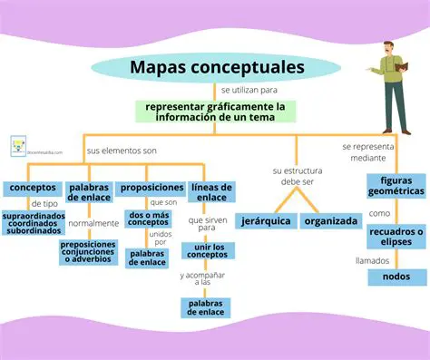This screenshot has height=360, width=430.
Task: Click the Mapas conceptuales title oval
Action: [217, 68]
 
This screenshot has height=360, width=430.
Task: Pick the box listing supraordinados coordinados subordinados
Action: [33, 223]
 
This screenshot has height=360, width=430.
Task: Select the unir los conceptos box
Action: [213, 251]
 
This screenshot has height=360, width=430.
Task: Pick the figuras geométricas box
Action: [396, 186]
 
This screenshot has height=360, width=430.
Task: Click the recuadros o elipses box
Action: [396, 237]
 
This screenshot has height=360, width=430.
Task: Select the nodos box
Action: [396, 277]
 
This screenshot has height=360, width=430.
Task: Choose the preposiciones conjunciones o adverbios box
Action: [88, 252]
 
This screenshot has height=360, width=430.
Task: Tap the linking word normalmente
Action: [93, 223]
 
